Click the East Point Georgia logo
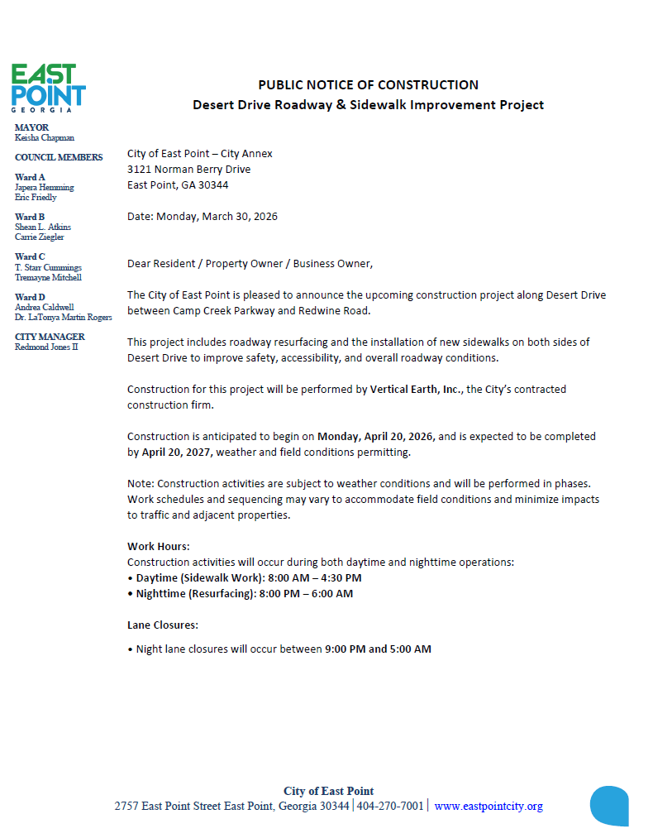click(x=48, y=88)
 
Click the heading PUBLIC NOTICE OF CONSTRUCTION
click(x=368, y=84)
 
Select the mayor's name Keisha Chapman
click(x=45, y=138)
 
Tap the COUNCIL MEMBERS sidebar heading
click(x=59, y=157)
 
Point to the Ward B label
click(x=30, y=217)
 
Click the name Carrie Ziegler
click(x=39, y=237)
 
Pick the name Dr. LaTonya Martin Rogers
click(x=64, y=317)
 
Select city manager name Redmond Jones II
click(x=46, y=347)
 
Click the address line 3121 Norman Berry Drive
click(x=188, y=170)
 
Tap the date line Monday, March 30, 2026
click(x=203, y=217)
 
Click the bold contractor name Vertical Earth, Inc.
click(x=415, y=389)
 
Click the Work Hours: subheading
click(x=159, y=546)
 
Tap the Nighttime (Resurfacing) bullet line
click(x=244, y=593)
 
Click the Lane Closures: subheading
click(x=163, y=625)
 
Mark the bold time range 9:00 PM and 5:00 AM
click(x=378, y=649)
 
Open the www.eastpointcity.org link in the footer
click(x=489, y=807)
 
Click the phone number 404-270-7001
click(x=390, y=807)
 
